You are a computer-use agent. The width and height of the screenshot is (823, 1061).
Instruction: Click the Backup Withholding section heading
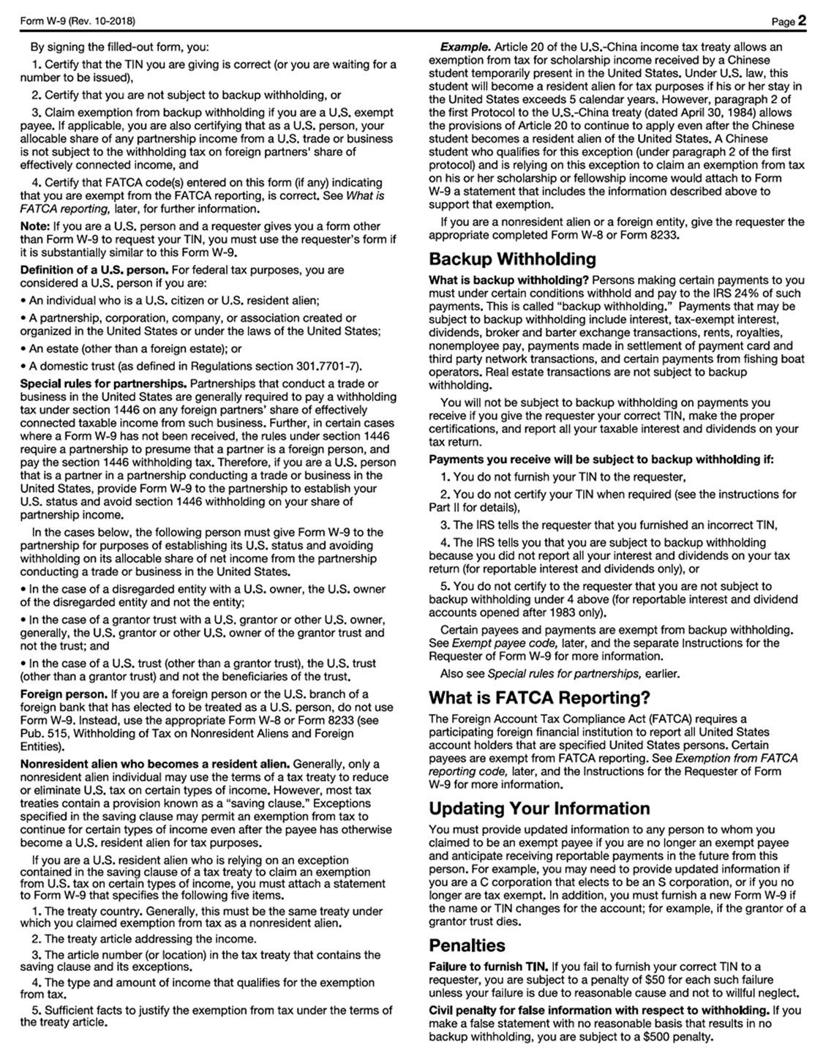tap(512, 259)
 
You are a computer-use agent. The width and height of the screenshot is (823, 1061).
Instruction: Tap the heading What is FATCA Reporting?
tap(539, 697)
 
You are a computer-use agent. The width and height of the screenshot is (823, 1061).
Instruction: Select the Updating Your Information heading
tap(539, 809)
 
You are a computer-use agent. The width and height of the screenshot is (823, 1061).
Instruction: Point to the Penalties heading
tap(467, 945)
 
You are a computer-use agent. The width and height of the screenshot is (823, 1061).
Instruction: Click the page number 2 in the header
tap(802, 20)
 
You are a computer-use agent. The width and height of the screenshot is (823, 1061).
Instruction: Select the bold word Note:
tap(34, 226)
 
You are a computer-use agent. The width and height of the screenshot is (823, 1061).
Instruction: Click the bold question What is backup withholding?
tap(508, 280)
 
